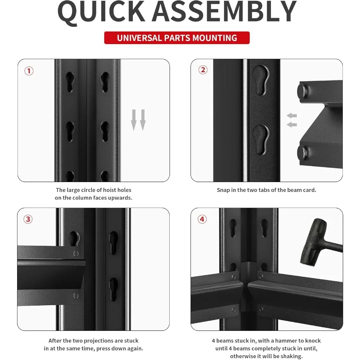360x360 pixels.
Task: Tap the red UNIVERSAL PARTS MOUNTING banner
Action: point(177,38)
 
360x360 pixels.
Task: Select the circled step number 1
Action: point(29,71)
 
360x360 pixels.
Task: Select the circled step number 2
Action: point(203,70)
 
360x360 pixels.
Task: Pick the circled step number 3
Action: point(28,219)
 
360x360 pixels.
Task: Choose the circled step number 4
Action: point(202,219)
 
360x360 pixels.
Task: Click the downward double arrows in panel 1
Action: point(138,120)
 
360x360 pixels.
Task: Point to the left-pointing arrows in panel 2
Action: point(292,120)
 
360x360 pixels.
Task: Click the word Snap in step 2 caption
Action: point(223,190)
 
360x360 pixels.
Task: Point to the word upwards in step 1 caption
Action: point(120,198)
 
